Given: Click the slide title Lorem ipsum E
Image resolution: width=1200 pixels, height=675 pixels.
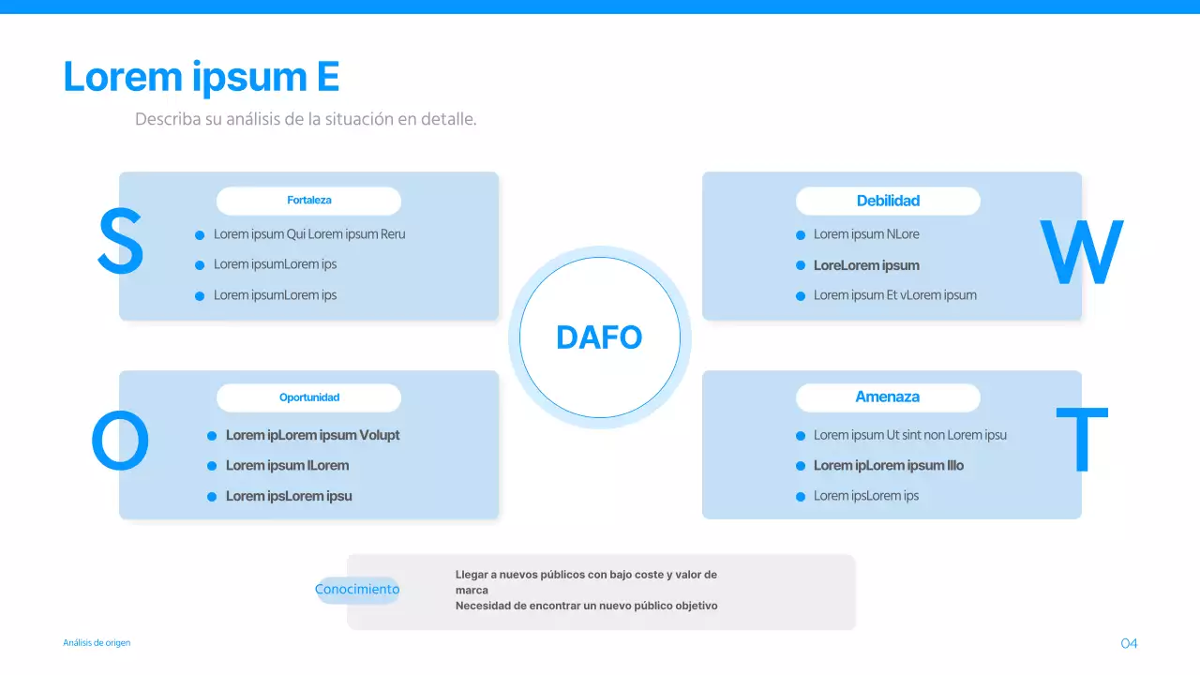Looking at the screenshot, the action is click(202, 78).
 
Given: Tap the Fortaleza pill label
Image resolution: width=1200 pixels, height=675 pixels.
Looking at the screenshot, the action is click(309, 201).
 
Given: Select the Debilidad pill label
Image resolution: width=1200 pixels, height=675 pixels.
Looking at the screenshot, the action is click(888, 201).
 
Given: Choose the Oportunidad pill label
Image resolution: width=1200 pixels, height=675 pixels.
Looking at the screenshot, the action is click(309, 397).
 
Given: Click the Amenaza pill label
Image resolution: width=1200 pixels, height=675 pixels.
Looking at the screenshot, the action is click(888, 397).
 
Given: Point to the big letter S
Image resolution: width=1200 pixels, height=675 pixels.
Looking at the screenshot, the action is click(121, 241).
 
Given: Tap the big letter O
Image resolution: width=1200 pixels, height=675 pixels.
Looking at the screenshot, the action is click(120, 441).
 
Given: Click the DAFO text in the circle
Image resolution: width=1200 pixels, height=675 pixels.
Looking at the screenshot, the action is click(599, 337).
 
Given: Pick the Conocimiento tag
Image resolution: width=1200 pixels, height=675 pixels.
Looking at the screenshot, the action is click(357, 590).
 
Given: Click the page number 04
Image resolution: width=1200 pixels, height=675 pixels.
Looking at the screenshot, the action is click(1129, 643).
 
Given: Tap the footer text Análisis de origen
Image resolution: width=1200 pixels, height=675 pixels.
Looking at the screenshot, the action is click(97, 643).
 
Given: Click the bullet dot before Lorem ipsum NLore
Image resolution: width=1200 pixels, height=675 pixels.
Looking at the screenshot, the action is click(801, 235).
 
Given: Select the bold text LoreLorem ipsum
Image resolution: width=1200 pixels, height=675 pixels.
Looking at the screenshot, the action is click(866, 265).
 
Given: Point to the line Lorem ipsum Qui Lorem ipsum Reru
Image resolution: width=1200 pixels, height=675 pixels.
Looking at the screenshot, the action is click(309, 234).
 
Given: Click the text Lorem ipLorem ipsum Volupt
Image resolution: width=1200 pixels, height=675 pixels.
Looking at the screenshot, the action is click(312, 435).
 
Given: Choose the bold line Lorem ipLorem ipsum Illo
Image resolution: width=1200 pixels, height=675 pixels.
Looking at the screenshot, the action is click(888, 466).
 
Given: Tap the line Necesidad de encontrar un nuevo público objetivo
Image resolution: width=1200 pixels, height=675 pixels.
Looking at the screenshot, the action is click(587, 606).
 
